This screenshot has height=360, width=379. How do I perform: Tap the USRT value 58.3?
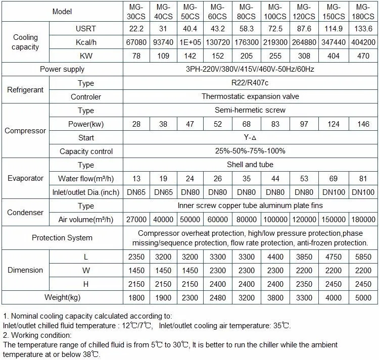tap(247, 29)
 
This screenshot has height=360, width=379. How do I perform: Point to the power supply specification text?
tap(250, 70)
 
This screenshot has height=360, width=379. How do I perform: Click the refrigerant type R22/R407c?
tap(250, 83)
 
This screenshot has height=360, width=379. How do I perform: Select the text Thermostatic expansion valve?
tap(250, 97)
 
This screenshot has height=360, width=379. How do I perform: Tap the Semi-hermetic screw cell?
tap(250, 111)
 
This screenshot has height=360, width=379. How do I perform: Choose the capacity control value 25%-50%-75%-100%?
tap(250, 151)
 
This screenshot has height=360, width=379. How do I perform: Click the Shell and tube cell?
tap(250, 165)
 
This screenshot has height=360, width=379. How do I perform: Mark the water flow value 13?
tap(136, 179)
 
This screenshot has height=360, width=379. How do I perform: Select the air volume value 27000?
tap(136, 220)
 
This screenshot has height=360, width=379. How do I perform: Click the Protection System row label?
tap(62, 238)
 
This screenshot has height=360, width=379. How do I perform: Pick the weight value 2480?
tap(218, 297)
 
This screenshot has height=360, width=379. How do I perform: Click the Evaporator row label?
tap(26, 179)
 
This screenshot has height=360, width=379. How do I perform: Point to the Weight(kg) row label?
tap(62, 297)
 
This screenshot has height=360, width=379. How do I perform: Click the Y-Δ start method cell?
tap(250, 138)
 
